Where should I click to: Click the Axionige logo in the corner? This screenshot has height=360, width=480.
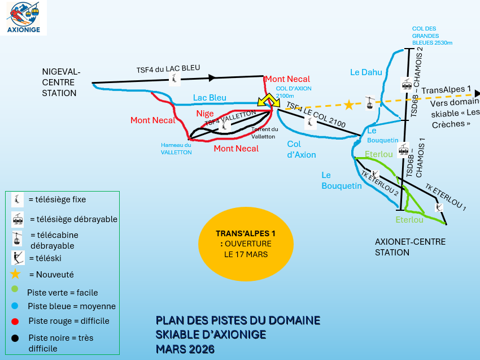[x=24, y=18]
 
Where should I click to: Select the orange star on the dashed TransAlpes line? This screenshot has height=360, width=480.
[x=349, y=105]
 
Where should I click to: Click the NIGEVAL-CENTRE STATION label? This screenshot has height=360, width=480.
[x=62, y=83]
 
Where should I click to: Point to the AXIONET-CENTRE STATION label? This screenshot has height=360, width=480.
[x=410, y=247]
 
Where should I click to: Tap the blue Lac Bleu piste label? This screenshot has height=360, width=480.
[x=210, y=98]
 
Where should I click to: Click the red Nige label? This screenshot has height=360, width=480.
[x=205, y=114]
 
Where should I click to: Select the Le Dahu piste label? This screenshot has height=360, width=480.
[x=366, y=72]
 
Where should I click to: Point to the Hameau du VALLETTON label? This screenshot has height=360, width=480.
[x=176, y=149]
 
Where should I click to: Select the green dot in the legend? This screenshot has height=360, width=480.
[x=15, y=290]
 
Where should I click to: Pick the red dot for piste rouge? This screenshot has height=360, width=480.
[x=15, y=320]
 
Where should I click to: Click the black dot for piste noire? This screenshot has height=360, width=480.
[x=15, y=338]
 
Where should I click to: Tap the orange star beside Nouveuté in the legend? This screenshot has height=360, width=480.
[x=15, y=274]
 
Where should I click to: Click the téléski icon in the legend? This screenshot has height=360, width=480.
[x=18, y=258]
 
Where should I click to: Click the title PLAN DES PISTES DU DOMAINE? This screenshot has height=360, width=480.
[x=238, y=321]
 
